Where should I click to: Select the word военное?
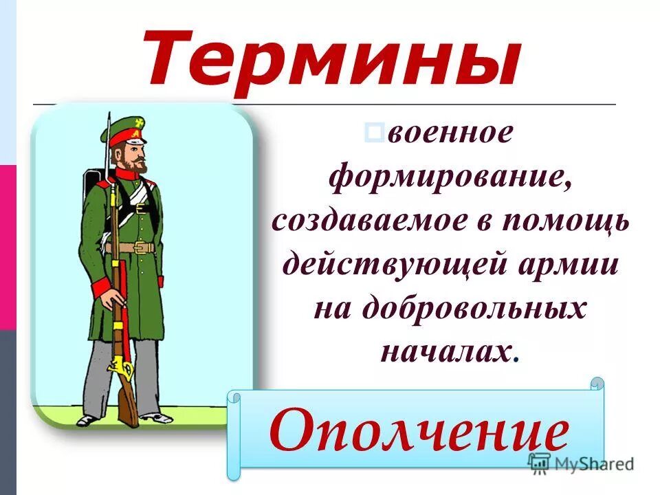(x=450, y=134)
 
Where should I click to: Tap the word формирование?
(x=450, y=179)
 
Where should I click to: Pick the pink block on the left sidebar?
(x=8, y=247)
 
